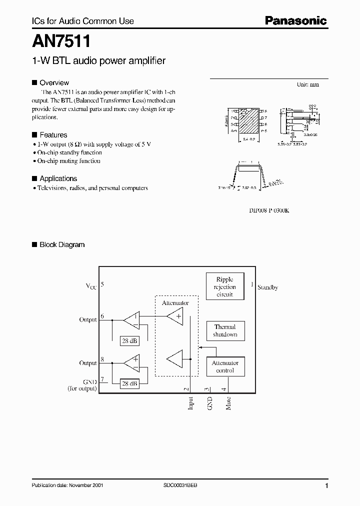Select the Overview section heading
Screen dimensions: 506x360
click(54, 82)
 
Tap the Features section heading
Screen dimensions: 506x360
click(53, 135)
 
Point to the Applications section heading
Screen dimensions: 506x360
click(58, 178)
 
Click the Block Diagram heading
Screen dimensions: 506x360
click(62, 244)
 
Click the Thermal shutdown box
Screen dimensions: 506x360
click(224, 330)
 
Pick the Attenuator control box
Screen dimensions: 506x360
click(224, 367)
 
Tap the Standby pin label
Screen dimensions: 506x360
click(267, 287)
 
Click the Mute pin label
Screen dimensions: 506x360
click(228, 403)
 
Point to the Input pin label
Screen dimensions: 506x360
click(190, 403)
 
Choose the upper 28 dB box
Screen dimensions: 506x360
click(130, 341)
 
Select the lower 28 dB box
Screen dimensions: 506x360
click(130, 383)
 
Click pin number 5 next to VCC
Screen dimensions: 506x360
click(102, 284)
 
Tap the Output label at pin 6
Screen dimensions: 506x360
click(87, 319)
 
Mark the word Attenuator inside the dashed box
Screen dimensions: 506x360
click(175, 303)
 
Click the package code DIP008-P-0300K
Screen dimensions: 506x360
click(269, 210)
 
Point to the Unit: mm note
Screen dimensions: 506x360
click(307, 84)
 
